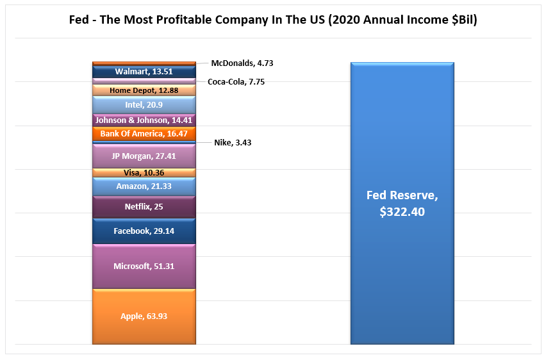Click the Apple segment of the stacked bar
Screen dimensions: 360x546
point(144,316)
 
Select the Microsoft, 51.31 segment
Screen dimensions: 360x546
point(144,266)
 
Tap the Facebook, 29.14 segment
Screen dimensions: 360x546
point(144,231)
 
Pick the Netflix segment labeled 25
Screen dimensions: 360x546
point(144,207)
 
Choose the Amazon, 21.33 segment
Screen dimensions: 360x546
point(144,186)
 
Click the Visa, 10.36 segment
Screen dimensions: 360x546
point(144,173)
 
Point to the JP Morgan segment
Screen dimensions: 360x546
point(144,156)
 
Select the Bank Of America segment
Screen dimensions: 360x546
point(144,134)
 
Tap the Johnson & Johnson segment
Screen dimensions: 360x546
point(144,120)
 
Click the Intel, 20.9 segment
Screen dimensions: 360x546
point(144,105)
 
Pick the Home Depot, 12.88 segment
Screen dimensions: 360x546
point(144,91)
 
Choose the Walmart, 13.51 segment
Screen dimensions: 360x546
point(144,72)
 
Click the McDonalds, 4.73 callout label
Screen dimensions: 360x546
point(238,63)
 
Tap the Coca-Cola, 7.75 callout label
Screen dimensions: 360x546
point(236,82)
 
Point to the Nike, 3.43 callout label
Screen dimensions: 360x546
point(233,143)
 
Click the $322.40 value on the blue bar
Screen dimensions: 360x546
point(402,211)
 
